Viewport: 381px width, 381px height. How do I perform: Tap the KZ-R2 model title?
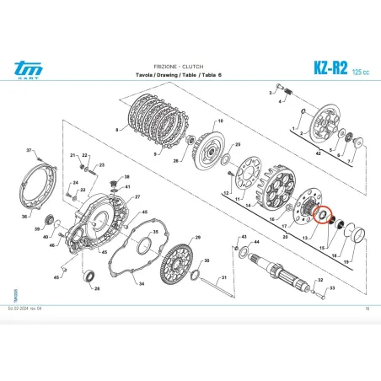coord(325,67)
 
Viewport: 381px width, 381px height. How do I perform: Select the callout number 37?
coord(29,152)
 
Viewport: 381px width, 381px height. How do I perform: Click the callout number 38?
coord(127,177)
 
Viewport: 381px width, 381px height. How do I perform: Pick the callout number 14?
coord(248,205)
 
